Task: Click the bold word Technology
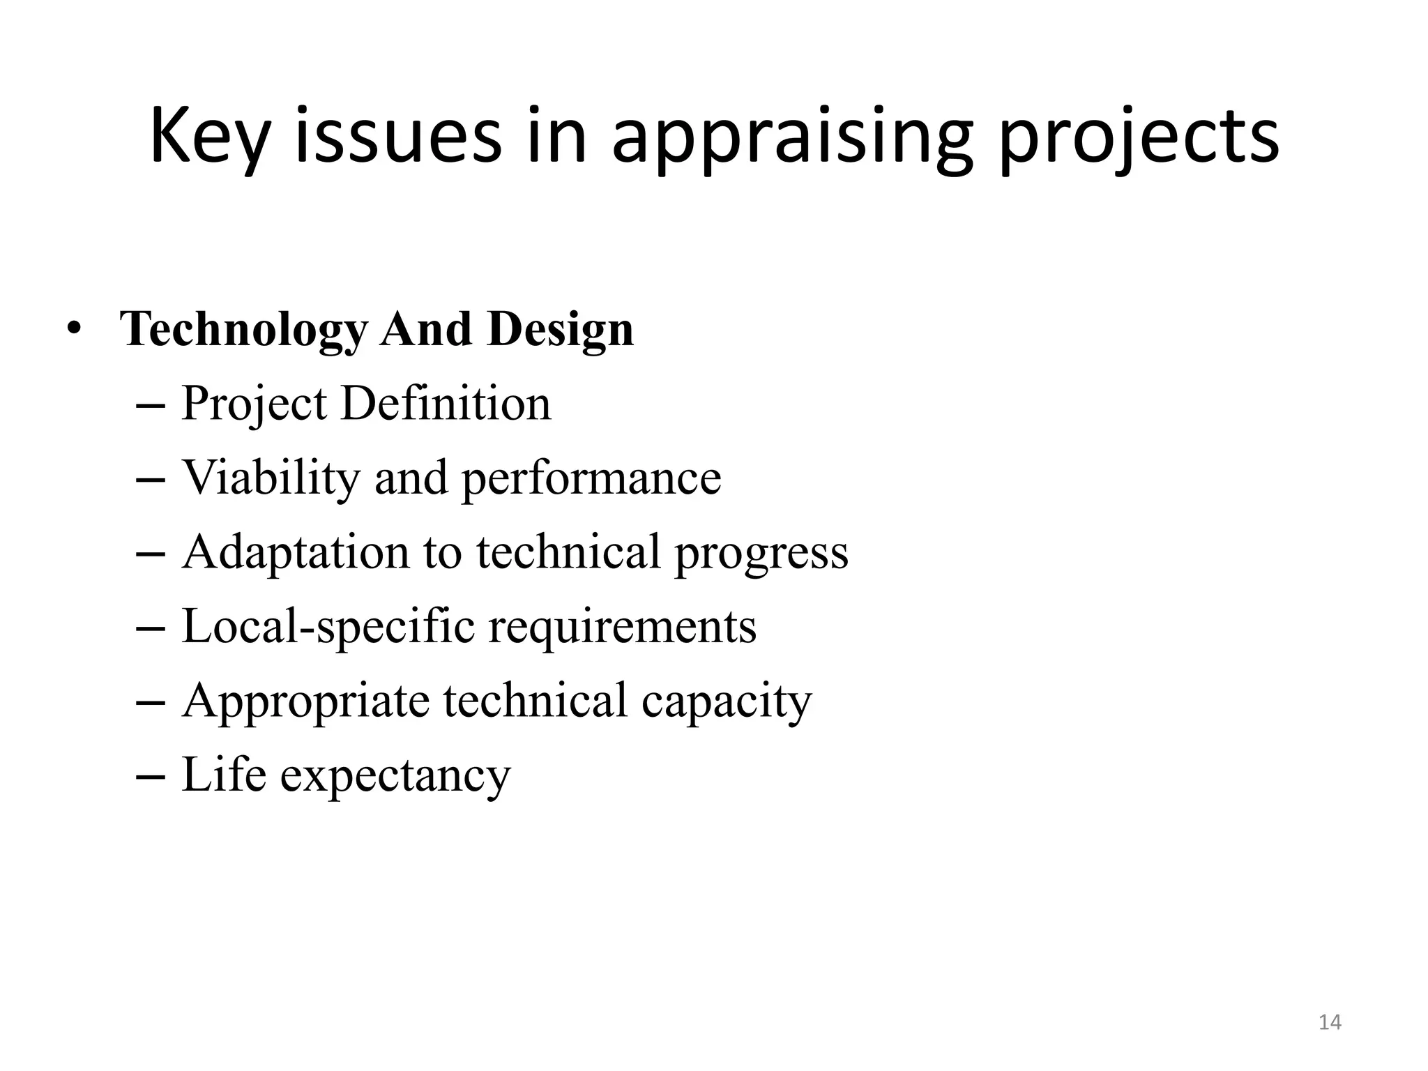[x=243, y=329]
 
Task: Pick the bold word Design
[x=561, y=329]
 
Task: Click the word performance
[x=591, y=479]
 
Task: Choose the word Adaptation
[x=295, y=552]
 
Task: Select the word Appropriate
[x=305, y=701]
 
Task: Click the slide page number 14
[x=1330, y=1022]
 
